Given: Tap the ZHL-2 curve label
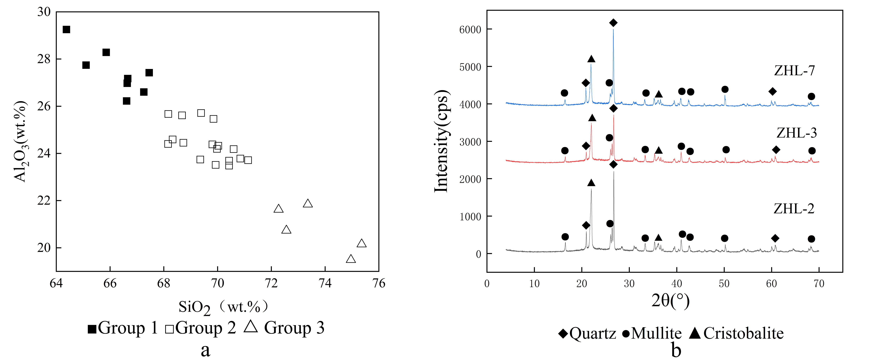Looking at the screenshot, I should (794, 209).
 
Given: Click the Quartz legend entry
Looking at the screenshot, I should (587, 334).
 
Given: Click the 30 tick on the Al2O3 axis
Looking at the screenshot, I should (44, 12).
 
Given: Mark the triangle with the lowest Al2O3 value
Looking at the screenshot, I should (351, 259).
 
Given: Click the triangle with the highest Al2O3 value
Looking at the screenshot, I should (307, 204).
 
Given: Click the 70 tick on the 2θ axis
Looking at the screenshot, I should (819, 284).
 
